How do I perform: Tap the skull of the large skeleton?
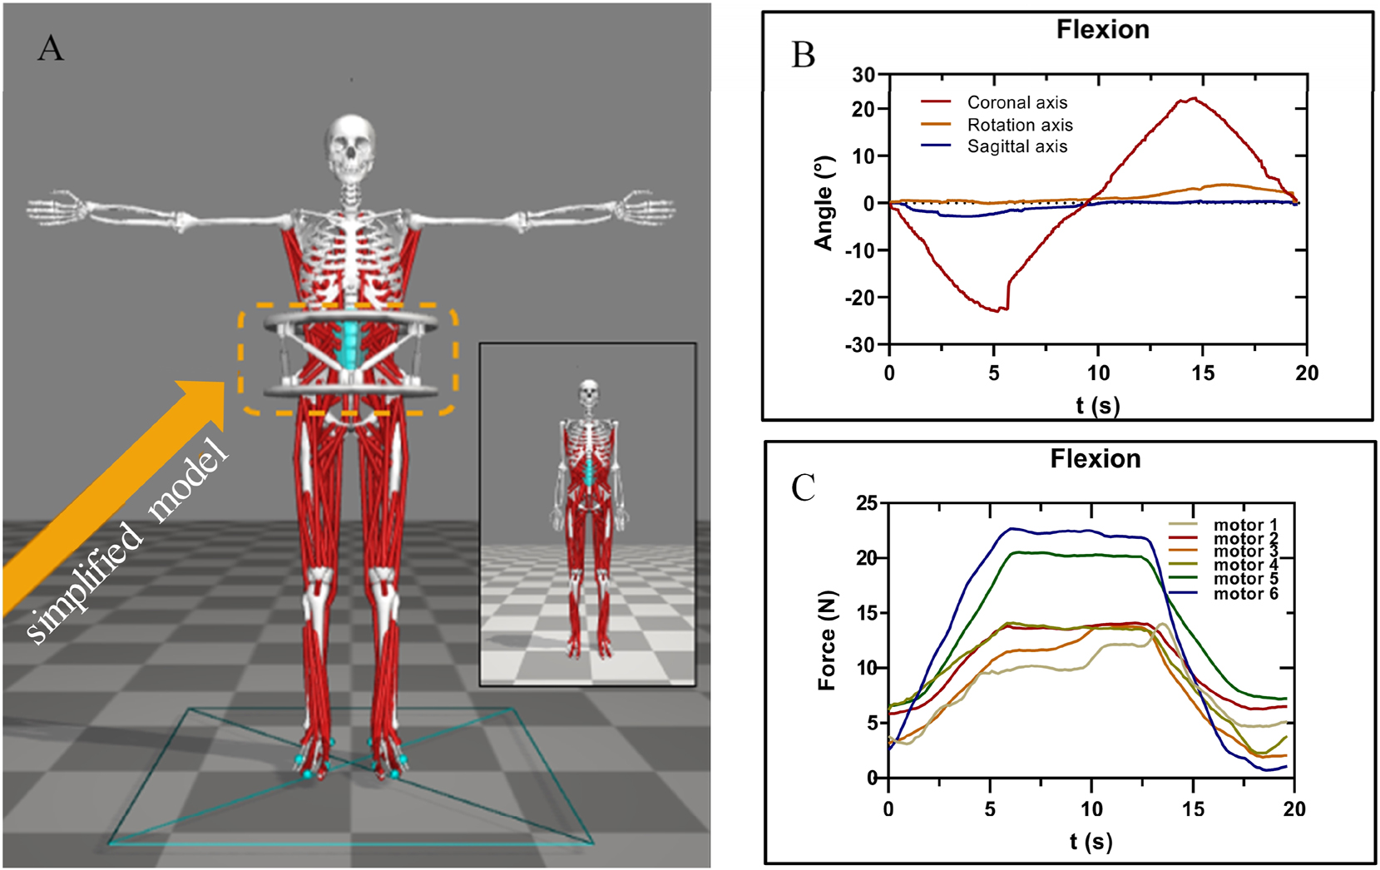[x=350, y=148]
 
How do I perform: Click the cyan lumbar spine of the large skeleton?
[x=350, y=345]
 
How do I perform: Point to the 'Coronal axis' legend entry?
[x=1016, y=102]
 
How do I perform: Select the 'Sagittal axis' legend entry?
[x=1016, y=146]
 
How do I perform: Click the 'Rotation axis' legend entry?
[x=1019, y=125]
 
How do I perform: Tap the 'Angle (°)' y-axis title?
[x=824, y=202]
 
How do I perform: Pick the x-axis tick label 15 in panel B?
[x=1203, y=373]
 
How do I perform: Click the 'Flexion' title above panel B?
[x=1102, y=30]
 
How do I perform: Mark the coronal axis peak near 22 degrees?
[x=1194, y=99]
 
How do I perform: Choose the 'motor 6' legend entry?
[x=1245, y=594]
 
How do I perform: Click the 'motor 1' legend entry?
[x=1245, y=525]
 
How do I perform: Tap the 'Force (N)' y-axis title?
[x=827, y=640]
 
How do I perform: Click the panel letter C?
[x=803, y=488]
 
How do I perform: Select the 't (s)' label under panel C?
[x=1091, y=841]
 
